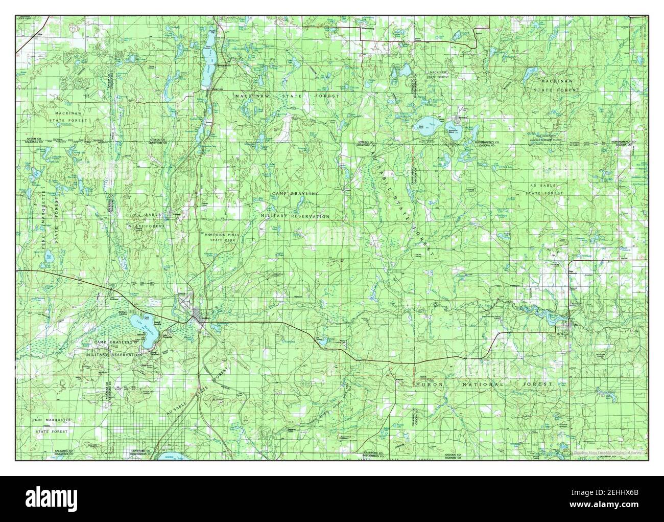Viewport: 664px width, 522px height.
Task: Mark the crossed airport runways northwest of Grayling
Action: coord(182,302)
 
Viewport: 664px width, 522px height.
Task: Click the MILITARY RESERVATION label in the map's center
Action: coord(295,216)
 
